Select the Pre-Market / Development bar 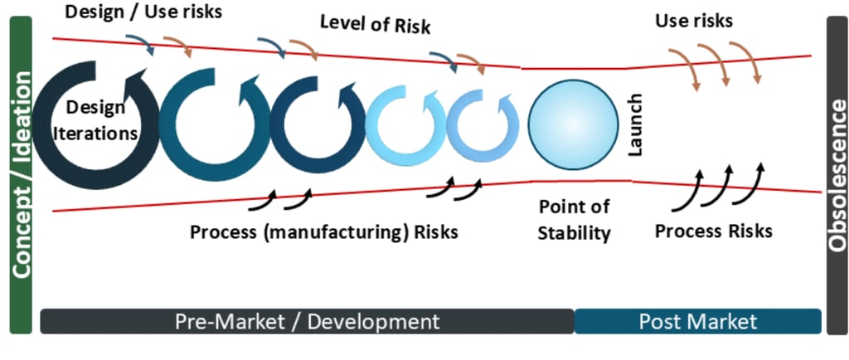pyautogui.click(x=307, y=321)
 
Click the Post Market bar pyautogui.click(x=697, y=321)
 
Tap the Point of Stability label pyautogui.click(x=574, y=219)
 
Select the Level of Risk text pyautogui.click(x=375, y=27)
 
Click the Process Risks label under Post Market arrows pyautogui.click(x=713, y=230)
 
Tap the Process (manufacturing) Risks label pyautogui.click(x=323, y=231)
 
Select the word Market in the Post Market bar pyautogui.click(x=720, y=321)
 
